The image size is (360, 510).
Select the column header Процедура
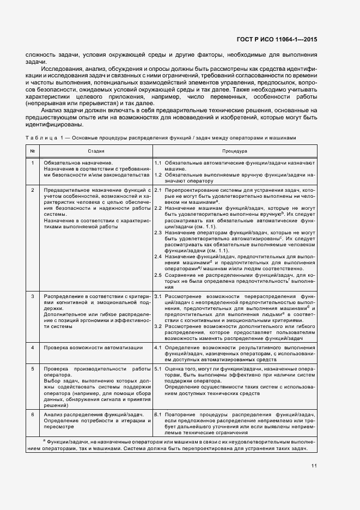click(235, 150)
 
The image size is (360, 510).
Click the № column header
click(33, 150)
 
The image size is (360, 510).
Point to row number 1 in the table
click(33, 163)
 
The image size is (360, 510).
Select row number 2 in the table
click(33, 190)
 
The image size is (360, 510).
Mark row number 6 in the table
click(33, 415)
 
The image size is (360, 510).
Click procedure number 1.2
click(158, 175)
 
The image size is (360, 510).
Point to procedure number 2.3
click(158, 233)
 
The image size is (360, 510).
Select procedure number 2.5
click(158, 275)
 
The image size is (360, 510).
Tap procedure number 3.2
click(158, 326)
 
